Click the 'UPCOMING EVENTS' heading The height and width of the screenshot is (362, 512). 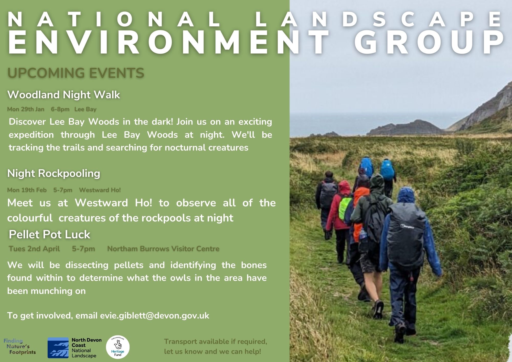click(76, 73)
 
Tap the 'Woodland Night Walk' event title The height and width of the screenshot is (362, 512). click(63, 95)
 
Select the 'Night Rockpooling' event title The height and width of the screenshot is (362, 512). click(54, 174)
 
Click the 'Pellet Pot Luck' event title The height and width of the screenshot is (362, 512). click(49, 235)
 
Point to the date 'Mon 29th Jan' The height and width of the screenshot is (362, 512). click(26, 109)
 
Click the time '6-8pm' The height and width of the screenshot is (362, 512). click(60, 109)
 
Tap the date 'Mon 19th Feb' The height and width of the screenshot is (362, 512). click(27, 190)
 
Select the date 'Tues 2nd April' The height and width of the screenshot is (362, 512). click(34, 249)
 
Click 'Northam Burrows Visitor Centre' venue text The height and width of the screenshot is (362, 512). click(163, 249)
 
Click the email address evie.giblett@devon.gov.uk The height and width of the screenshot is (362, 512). click(155, 316)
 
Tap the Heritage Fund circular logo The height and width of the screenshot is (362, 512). click(118, 347)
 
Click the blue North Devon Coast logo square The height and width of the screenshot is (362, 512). click(58, 348)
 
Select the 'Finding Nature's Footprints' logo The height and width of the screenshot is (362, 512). click(20, 347)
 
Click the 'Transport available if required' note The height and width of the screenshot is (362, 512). click(216, 342)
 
